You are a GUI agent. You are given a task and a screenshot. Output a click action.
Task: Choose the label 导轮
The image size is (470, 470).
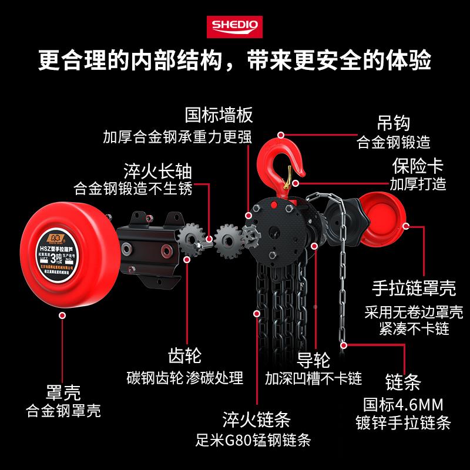click(314, 358)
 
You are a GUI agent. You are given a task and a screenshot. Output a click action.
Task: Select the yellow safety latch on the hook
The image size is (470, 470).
click(289, 174)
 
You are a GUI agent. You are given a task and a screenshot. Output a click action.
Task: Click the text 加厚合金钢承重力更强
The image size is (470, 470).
click(177, 137)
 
